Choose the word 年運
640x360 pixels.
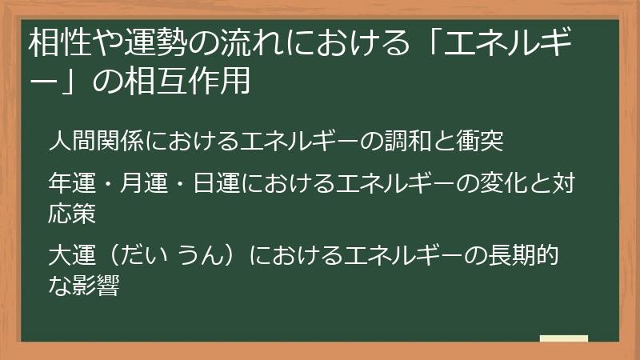71,186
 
